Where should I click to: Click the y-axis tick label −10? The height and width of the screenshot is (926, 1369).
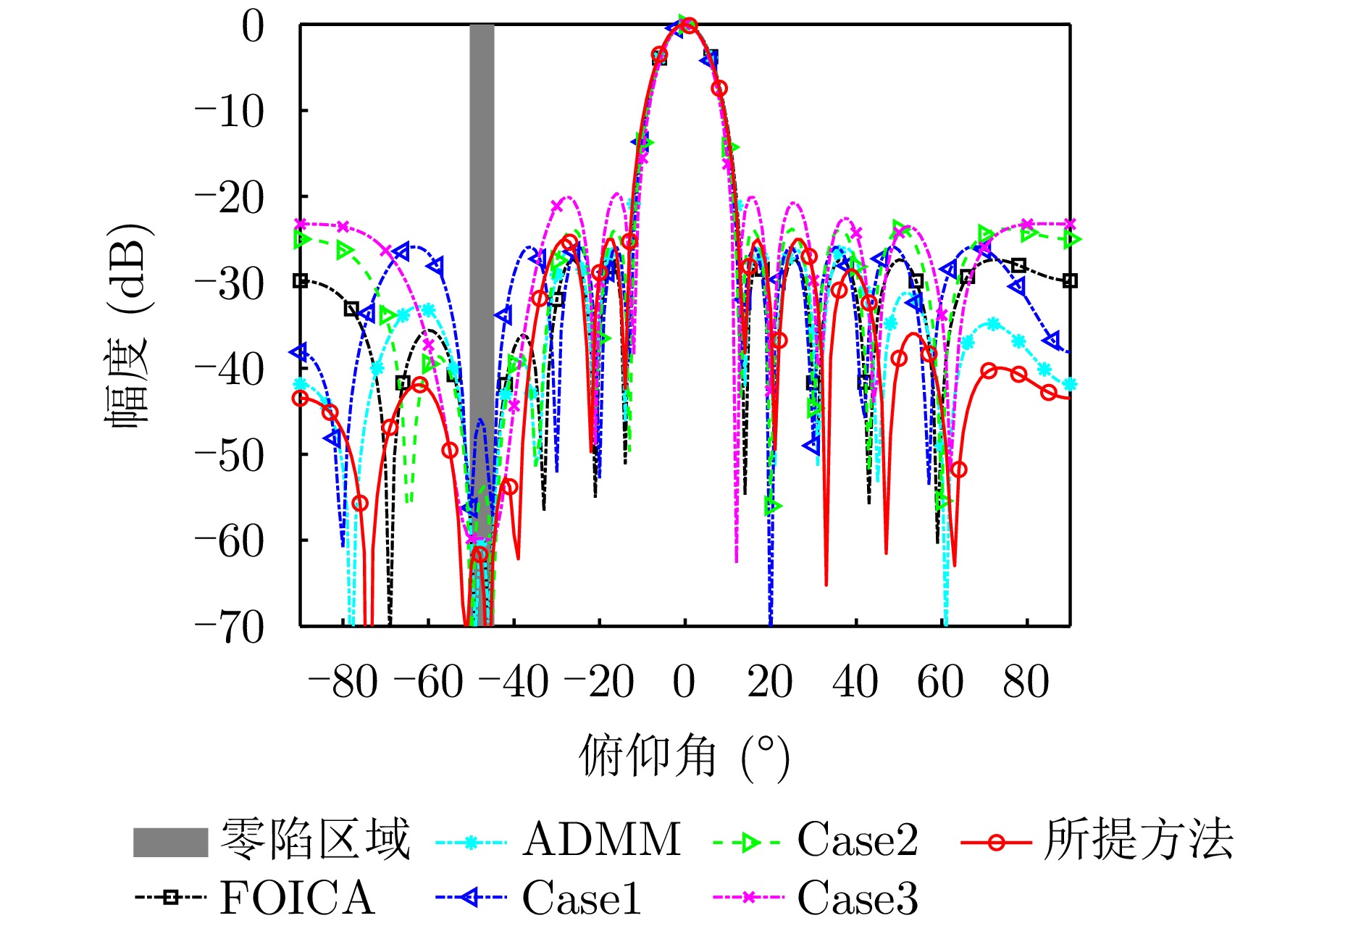point(230,112)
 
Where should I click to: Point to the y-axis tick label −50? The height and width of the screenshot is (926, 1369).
point(230,456)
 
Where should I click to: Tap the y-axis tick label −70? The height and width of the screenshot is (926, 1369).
point(230,627)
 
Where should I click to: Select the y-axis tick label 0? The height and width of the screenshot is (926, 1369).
point(253,27)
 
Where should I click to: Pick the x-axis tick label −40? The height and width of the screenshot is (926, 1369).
point(513,682)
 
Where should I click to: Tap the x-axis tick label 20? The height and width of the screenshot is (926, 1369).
point(769,682)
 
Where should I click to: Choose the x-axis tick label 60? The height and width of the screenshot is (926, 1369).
point(940,682)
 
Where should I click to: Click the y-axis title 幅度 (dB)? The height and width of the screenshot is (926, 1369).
point(129,326)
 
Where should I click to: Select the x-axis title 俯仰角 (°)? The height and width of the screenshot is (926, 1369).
point(684,757)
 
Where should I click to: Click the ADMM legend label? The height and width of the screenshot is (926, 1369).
point(601,841)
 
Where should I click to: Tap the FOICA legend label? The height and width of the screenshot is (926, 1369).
point(297,898)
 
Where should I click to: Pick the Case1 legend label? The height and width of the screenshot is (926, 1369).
point(582,898)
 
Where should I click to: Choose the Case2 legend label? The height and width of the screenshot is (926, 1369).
point(858,841)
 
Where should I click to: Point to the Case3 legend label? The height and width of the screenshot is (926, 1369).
point(858,898)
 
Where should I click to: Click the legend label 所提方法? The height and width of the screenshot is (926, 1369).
point(1138,841)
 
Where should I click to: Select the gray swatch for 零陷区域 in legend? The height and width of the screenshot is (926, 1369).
point(170,842)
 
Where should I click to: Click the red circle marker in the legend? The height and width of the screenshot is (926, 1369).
point(997,842)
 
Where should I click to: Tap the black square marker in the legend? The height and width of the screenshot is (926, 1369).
point(170,898)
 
